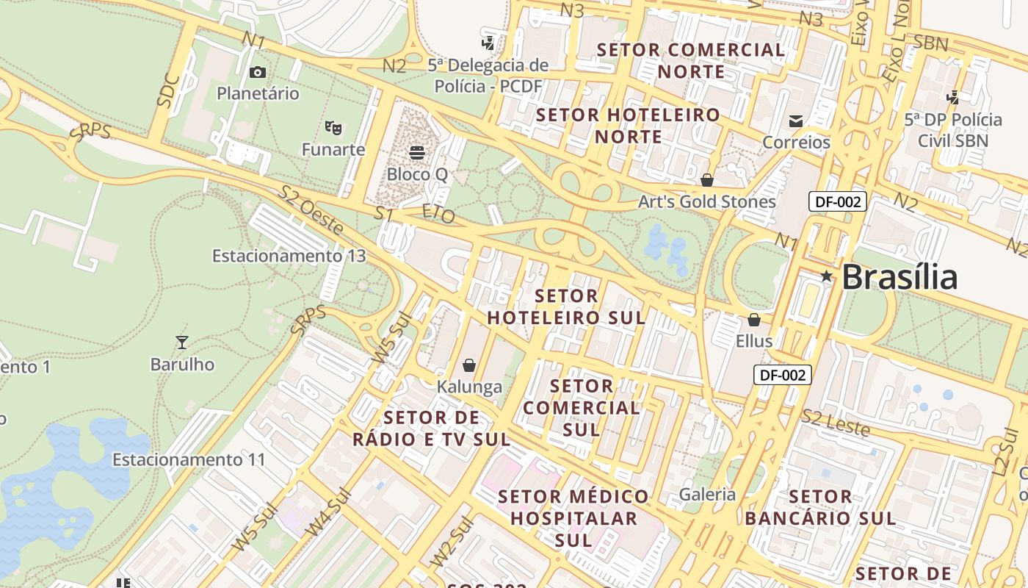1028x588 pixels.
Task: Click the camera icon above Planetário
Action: (x=257, y=72)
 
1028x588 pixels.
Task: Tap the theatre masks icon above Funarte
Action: (x=333, y=128)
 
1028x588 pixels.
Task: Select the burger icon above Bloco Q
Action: (x=417, y=153)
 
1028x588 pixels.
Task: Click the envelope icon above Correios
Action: (x=796, y=121)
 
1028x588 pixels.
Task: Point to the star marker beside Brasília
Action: (x=827, y=276)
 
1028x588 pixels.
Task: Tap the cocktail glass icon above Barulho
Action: (x=182, y=342)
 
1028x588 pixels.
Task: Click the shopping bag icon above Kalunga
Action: (x=469, y=365)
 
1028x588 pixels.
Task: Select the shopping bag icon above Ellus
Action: (x=754, y=320)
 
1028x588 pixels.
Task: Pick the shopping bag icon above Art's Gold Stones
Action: (x=707, y=179)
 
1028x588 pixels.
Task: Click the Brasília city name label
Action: (x=899, y=277)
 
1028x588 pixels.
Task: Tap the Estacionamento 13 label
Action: (x=289, y=256)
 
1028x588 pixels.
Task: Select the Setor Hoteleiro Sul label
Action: (x=567, y=307)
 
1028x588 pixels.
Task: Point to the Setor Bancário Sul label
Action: (x=820, y=507)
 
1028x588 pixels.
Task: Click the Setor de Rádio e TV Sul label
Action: (x=431, y=429)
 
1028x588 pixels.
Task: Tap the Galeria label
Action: (x=707, y=494)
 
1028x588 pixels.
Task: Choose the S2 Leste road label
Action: (x=835, y=423)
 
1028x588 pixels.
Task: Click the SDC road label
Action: (x=168, y=91)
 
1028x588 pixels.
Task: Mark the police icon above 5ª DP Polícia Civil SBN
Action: (x=953, y=97)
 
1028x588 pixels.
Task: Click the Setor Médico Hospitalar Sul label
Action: (x=573, y=518)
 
